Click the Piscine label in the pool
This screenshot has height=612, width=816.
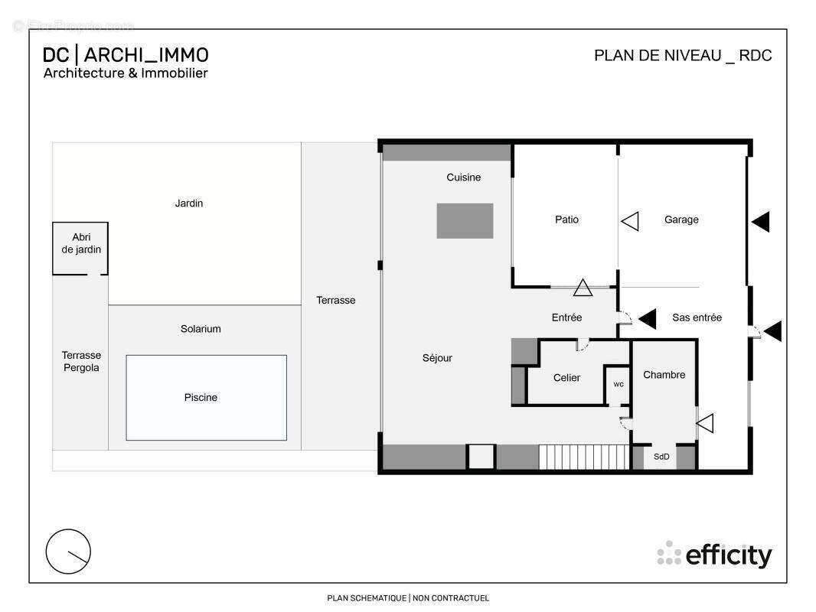tap(201, 398)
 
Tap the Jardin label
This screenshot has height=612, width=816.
tap(189, 203)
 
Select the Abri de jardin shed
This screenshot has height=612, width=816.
tap(80, 249)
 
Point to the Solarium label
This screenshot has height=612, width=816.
tap(201, 329)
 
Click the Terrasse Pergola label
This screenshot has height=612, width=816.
tap(81, 361)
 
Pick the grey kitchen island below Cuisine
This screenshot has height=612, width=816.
tap(465, 221)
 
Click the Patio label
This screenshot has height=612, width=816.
tap(566, 220)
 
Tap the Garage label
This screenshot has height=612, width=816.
tap(681, 220)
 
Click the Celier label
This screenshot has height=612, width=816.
tap(566, 378)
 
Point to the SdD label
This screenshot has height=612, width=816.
tap(661, 457)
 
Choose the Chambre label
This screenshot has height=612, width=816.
tap(664, 375)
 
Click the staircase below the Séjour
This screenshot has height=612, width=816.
tap(584, 457)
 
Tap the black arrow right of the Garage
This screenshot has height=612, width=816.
tap(761, 222)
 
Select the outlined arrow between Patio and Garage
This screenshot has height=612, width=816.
tap(630, 222)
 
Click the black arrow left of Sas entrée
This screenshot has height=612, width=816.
tap(648, 319)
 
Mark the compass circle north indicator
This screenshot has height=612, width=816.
tap(68, 552)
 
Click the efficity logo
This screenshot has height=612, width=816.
tap(714, 555)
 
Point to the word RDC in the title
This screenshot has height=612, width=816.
tap(755, 56)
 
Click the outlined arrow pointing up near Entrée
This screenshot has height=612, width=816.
tap(583, 288)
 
